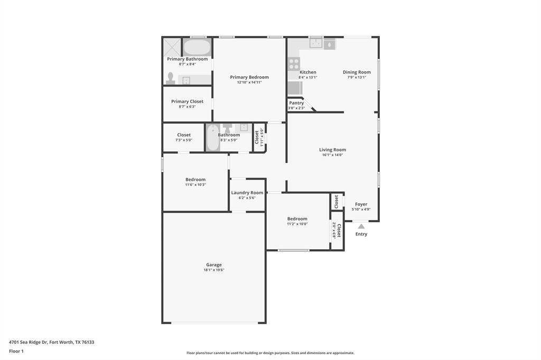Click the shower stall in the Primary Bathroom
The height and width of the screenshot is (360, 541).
172,46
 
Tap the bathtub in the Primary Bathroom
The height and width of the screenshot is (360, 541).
197,47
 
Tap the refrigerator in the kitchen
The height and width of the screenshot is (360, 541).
294,88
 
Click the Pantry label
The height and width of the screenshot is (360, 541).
296,103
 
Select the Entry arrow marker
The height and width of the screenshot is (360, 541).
361,226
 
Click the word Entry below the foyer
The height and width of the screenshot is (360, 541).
361,234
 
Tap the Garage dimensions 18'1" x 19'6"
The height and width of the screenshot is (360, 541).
214,270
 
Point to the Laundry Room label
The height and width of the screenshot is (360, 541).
247,193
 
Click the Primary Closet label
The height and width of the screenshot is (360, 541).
187,101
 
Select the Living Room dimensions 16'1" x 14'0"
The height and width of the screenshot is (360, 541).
332,155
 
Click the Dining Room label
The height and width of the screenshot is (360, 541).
357,72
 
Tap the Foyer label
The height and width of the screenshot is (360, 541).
361,204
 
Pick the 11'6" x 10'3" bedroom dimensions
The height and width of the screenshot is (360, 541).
195,185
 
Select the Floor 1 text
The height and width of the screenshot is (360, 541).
17,351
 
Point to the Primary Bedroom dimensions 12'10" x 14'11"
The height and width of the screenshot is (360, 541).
249,82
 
